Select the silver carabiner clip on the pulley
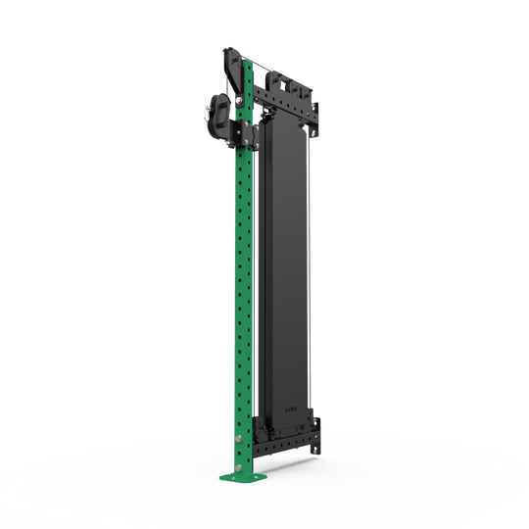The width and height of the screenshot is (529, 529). click(x=208, y=114)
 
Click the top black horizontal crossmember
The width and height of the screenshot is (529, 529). click(x=289, y=98)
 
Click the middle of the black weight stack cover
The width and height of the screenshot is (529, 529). click(x=286, y=264)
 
